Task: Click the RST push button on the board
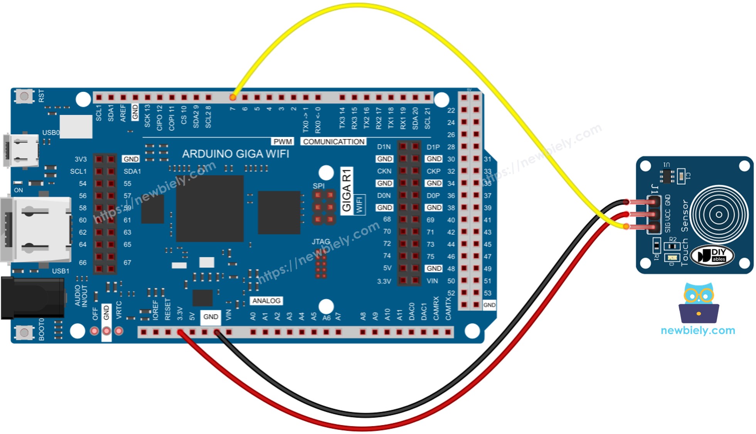(24, 96)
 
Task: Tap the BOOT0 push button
(24, 332)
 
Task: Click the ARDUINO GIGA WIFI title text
(236, 154)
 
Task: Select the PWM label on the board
(283, 142)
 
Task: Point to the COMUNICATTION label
(333, 142)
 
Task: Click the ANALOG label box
(266, 301)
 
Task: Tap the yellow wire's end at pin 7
(233, 98)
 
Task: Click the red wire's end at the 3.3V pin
(180, 332)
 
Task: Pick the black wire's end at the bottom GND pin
(217, 332)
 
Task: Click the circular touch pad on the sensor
(719, 214)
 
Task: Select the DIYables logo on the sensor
(712, 255)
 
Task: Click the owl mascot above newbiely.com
(699, 303)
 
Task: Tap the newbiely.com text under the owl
(698, 330)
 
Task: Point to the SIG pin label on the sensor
(667, 228)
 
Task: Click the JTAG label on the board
(321, 241)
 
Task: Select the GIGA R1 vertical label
(347, 190)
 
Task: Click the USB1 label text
(61, 271)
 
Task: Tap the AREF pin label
(123, 113)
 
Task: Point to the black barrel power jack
(33, 298)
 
